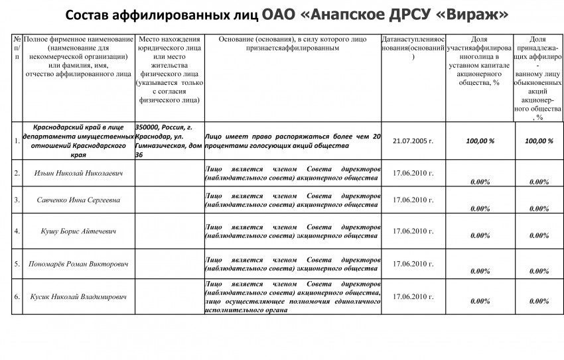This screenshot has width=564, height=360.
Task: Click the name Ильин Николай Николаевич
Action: (x=78, y=173)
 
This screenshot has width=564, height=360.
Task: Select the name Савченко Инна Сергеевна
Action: (x=78, y=200)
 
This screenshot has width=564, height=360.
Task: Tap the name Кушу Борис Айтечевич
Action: (x=78, y=231)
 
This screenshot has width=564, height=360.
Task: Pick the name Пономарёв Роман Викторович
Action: (x=78, y=263)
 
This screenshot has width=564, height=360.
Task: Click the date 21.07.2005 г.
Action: (x=413, y=141)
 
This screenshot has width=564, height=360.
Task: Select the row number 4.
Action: (x=17, y=231)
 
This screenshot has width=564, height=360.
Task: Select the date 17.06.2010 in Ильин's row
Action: (x=413, y=173)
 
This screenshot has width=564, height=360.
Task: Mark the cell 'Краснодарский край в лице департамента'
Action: (x=78, y=141)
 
